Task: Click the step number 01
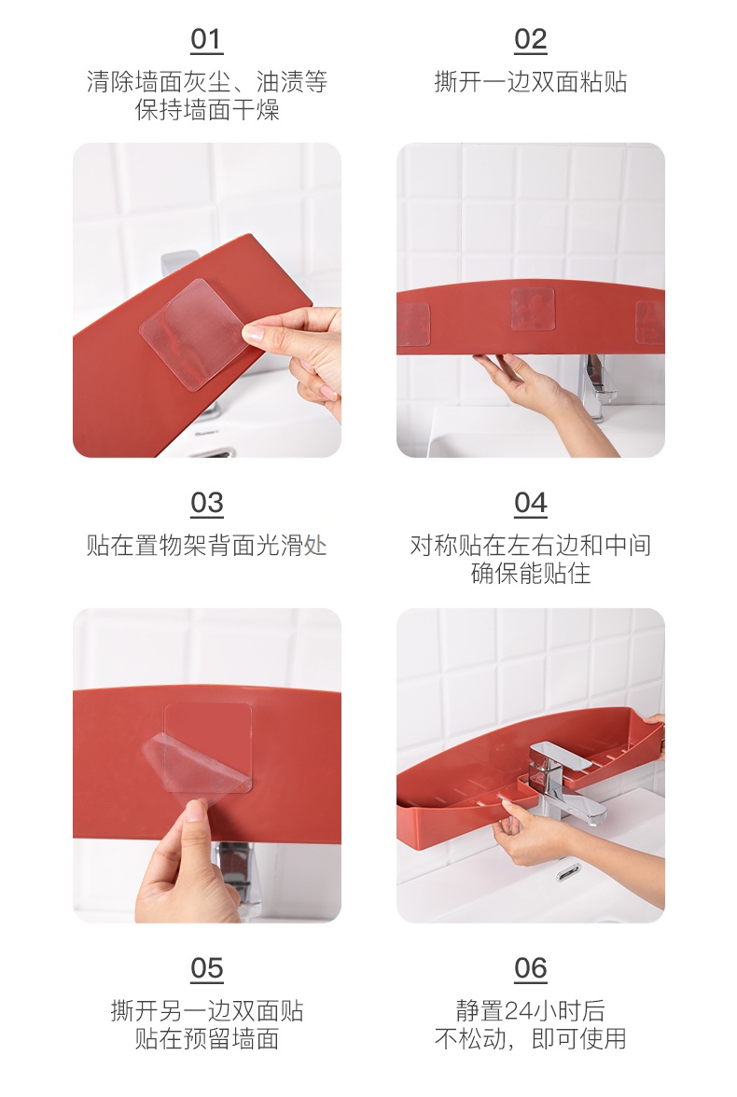point(206,40)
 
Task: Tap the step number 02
point(531,40)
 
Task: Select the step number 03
point(206,503)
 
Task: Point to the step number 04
point(531,503)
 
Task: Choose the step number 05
point(206,968)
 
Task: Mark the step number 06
point(531,968)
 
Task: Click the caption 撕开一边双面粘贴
point(531,82)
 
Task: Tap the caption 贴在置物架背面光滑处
point(206,545)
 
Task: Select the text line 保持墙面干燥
point(207,110)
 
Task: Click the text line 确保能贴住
point(531,574)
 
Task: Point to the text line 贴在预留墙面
point(207,1039)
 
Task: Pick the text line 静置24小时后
point(531,1010)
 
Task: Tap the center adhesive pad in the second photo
point(533,309)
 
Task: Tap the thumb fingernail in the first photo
point(254,334)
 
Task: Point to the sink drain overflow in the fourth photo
point(567,871)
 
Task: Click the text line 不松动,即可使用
point(531,1039)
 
